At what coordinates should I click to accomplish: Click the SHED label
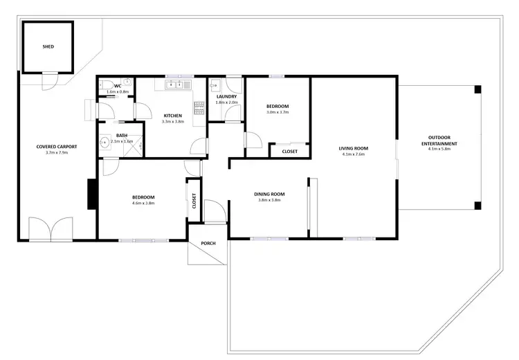click(x=48, y=46)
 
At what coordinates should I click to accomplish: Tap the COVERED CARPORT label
click(x=57, y=147)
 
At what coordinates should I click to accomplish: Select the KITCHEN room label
click(x=172, y=115)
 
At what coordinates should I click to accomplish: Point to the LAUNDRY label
click(x=226, y=96)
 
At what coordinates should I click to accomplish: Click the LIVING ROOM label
click(x=353, y=148)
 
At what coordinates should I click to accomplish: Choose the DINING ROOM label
click(x=268, y=194)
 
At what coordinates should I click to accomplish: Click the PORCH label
click(x=208, y=244)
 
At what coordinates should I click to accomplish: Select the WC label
click(x=118, y=86)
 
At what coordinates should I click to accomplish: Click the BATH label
click(x=122, y=135)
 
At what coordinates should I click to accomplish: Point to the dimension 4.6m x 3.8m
click(x=143, y=204)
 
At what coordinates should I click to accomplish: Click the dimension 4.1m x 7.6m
click(x=353, y=155)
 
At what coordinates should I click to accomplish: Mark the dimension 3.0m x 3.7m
click(x=277, y=113)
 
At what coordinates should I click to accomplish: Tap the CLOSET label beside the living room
click(x=289, y=151)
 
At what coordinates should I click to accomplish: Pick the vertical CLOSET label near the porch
click(x=194, y=201)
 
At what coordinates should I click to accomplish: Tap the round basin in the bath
click(x=104, y=144)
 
